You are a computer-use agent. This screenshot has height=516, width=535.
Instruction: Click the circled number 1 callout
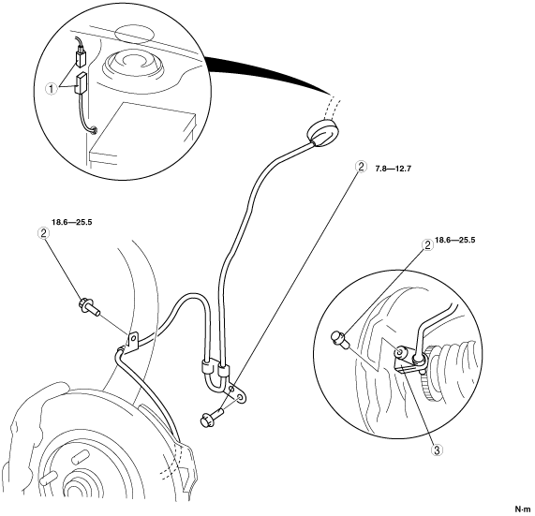tap(52, 89)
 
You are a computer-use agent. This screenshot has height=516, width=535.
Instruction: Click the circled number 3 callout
tap(437, 450)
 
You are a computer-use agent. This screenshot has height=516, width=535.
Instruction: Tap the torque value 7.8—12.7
tap(394, 169)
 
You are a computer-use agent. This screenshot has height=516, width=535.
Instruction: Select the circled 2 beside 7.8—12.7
tap(361, 167)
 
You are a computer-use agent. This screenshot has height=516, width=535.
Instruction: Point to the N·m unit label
tap(523, 509)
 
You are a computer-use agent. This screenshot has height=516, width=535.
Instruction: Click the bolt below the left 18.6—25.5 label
tap(89, 307)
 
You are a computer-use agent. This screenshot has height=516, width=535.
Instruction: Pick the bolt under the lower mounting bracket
tap(213, 417)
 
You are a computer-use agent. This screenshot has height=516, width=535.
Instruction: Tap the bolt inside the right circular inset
tap(339, 341)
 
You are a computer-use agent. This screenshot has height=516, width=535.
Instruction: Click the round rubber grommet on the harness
tap(323, 133)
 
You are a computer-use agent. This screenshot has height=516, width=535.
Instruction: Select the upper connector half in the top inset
tap(81, 58)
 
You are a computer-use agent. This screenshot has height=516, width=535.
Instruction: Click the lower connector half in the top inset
tap(81, 83)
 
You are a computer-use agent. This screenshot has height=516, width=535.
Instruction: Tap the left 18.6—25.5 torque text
tap(71, 222)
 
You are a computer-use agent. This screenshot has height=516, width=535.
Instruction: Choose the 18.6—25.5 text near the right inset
tap(454, 240)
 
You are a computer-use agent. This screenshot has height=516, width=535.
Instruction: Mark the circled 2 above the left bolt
tap(43, 233)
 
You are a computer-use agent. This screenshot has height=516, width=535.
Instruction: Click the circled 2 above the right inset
tap(427, 244)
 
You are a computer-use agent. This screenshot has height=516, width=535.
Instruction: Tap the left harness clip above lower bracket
tap(206, 367)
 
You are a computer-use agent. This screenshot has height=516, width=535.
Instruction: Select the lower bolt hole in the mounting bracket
tap(240, 398)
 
